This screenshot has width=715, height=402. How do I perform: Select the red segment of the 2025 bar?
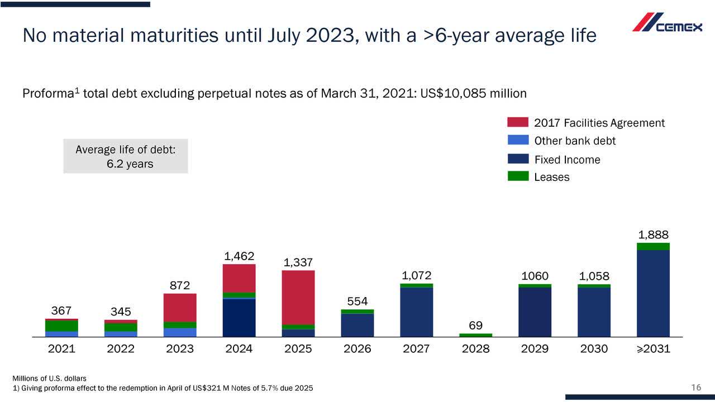tap(298, 297)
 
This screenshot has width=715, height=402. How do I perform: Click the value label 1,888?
tap(653, 234)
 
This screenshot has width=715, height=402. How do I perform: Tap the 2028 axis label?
tap(475, 349)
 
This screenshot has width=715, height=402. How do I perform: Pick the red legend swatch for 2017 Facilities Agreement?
tap(518, 122)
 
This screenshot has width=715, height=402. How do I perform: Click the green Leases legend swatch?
tap(518, 176)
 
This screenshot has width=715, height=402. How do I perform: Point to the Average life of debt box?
tap(126, 156)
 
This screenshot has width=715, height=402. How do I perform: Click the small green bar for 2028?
tap(475, 335)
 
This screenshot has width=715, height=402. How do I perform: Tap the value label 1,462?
tap(239, 256)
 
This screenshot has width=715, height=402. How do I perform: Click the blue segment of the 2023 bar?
tap(180, 332)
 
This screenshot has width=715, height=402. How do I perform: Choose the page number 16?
tap(695, 388)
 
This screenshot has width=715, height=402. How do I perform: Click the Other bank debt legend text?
tap(575, 141)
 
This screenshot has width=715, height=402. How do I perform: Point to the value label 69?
tap(475, 325)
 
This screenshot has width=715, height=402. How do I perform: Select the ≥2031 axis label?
tap(653, 349)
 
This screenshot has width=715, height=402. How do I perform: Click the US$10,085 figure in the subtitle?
tap(453, 93)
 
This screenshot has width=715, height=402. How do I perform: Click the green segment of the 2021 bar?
tap(61, 326)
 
